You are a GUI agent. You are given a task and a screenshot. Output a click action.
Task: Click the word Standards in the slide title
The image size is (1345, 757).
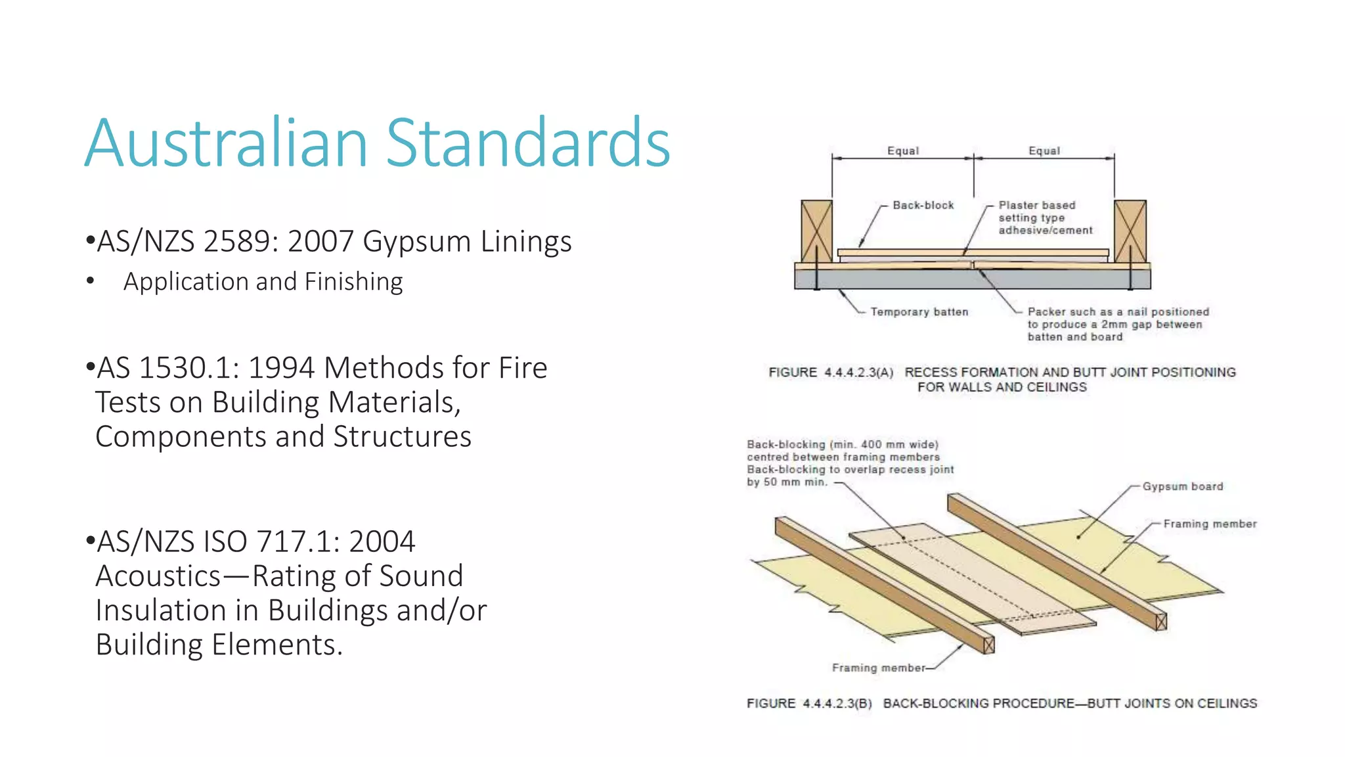pyautogui.click(x=527, y=143)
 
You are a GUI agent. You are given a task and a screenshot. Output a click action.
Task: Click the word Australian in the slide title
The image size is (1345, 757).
pyautogui.click(x=226, y=143)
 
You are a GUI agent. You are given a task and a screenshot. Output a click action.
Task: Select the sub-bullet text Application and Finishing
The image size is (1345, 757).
pyautogui.click(x=263, y=281)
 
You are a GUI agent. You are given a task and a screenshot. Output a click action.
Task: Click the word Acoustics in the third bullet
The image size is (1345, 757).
pyautogui.click(x=158, y=576)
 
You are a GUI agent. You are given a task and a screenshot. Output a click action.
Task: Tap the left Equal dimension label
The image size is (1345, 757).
pyautogui.click(x=903, y=150)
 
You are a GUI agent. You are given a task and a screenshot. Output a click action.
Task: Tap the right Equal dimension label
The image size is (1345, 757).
pyautogui.click(x=1044, y=150)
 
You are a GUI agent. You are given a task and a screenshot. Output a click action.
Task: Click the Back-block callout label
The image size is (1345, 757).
pyautogui.click(x=923, y=205)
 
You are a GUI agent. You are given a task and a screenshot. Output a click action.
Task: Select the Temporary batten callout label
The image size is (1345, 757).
pyautogui.click(x=919, y=311)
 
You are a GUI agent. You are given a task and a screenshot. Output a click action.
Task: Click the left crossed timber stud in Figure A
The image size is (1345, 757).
pyautogui.click(x=816, y=231)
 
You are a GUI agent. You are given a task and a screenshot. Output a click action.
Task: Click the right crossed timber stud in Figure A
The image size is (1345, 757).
pyautogui.click(x=1130, y=231)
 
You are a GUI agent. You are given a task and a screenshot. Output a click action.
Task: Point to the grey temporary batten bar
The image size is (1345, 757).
pyautogui.click(x=972, y=279)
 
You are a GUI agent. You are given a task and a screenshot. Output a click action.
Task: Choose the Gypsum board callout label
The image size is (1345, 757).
pyautogui.click(x=1183, y=486)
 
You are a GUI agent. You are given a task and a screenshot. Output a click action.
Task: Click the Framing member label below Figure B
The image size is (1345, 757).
pyautogui.click(x=878, y=668)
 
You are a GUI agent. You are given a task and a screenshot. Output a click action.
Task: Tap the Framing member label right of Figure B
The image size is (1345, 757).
pyautogui.click(x=1210, y=524)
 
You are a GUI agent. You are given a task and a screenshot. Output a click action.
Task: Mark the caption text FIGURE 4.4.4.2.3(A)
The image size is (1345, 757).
pyautogui.click(x=831, y=373)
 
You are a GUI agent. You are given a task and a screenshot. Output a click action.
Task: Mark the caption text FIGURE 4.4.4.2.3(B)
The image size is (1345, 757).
pyautogui.click(x=809, y=704)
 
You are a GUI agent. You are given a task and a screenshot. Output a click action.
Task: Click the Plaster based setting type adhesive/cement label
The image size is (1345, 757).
pyautogui.click(x=1045, y=218)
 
